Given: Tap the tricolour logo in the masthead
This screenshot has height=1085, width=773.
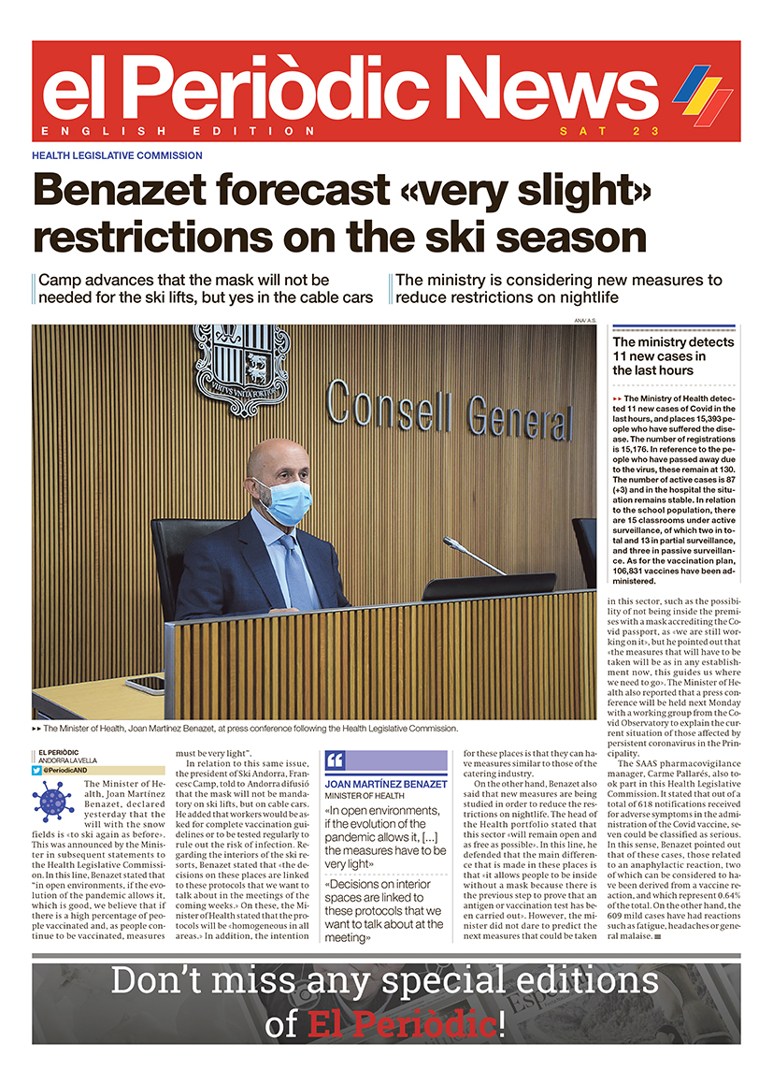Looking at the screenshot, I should pyautogui.click(x=703, y=94).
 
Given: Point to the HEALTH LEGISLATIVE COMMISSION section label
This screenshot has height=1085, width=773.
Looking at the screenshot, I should pyautogui.click(x=117, y=155).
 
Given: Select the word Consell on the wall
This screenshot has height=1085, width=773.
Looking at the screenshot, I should pyautogui.click(x=392, y=406).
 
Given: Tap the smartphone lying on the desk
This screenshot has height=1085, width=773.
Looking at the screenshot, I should pyautogui.click(x=146, y=684).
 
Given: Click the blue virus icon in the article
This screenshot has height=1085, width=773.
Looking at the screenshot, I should pyautogui.click(x=52, y=802).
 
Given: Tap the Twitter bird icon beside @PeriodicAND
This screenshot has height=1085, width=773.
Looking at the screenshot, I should pyautogui.click(x=37, y=771).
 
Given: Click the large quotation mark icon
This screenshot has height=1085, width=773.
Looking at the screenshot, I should pyautogui.click(x=334, y=760).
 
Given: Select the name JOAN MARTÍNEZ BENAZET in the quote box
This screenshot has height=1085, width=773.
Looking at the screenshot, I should pyautogui.click(x=386, y=784).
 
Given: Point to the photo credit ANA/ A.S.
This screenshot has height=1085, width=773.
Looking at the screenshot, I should pyautogui.click(x=585, y=321).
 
